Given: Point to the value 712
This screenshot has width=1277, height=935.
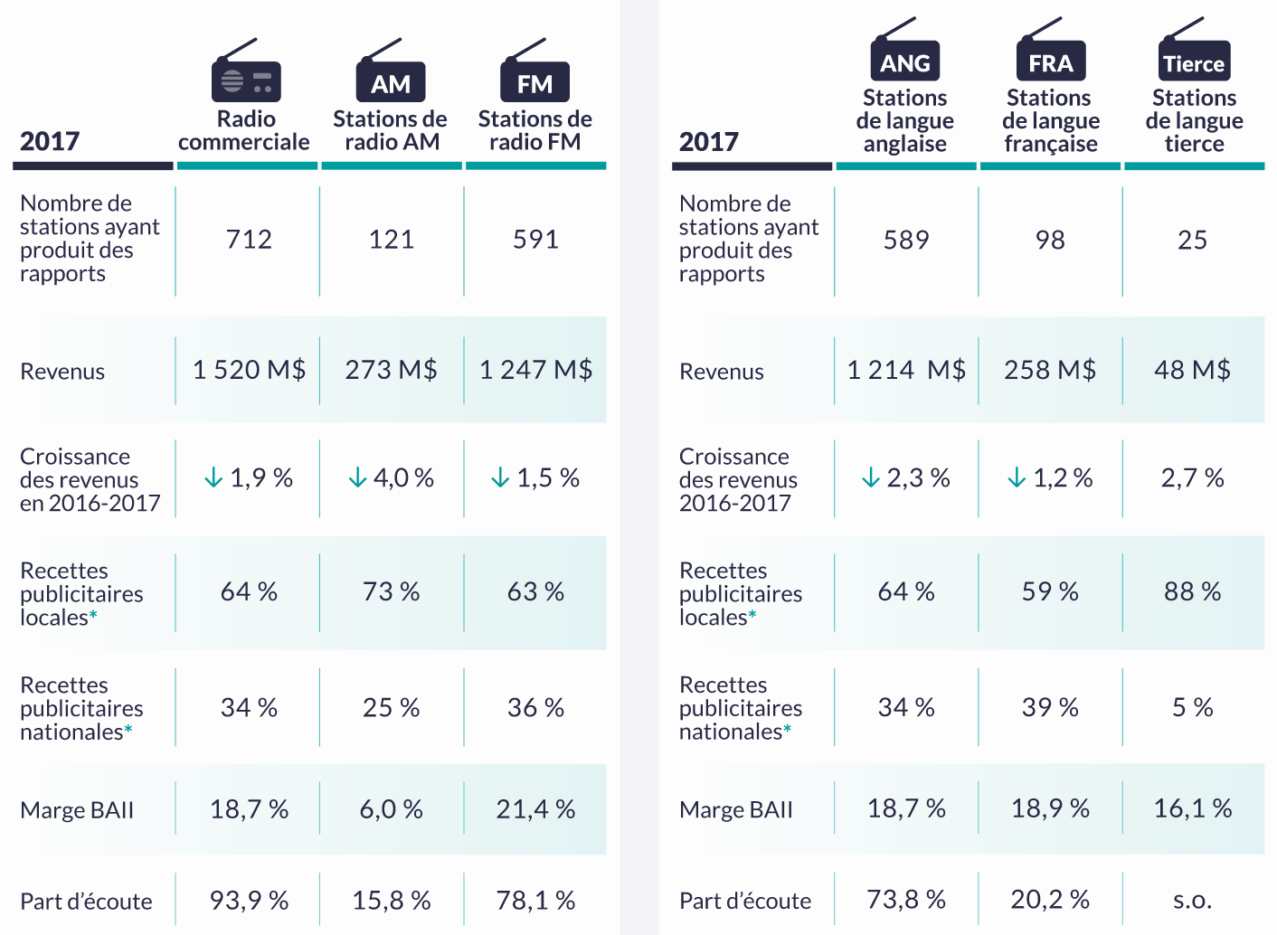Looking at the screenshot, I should click(x=249, y=240).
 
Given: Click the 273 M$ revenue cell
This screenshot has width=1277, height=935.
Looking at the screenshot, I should click(x=391, y=370).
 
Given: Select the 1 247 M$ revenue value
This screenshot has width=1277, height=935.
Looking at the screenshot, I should click(x=535, y=370).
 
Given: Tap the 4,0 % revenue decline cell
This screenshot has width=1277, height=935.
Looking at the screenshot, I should click(x=392, y=477).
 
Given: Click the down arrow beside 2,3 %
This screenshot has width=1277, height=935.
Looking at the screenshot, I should click(x=871, y=477).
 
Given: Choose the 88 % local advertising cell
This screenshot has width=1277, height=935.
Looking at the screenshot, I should click(x=1192, y=591).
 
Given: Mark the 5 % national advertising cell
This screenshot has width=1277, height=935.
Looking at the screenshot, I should click(x=1192, y=707).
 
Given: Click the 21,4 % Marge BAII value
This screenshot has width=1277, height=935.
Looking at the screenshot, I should click(x=535, y=809).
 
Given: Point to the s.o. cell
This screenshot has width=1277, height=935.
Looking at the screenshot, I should click(x=1192, y=900).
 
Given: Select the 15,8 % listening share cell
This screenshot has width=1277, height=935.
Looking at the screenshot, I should click(x=391, y=901).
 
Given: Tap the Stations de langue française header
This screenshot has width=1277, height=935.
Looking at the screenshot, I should click(x=1051, y=121).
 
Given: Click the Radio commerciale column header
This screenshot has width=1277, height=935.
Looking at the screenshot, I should click(x=244, y=130).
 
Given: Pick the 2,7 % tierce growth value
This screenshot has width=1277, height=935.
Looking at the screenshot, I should click(x=1192, y=477).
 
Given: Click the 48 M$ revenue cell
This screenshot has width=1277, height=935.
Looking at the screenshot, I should click(x=1192, y=370).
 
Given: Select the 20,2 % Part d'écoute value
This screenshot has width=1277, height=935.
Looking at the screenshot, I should click(x=1050, y=900).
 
